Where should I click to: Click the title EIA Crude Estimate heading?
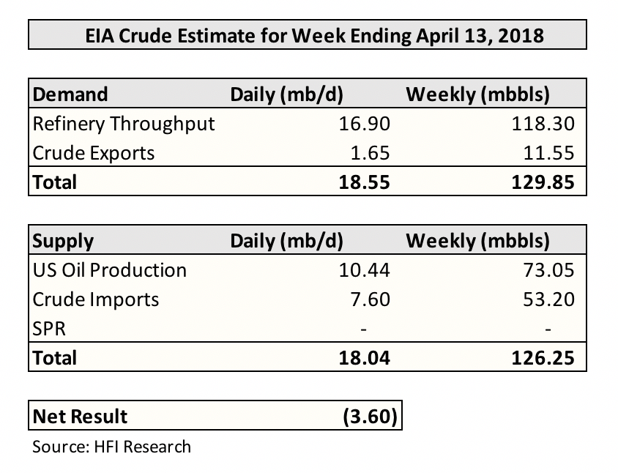coord(308,34)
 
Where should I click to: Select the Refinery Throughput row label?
coord(124,123)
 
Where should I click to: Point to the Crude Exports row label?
coord(94,152)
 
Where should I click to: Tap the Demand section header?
coord(70,94)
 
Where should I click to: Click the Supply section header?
coord(64,241)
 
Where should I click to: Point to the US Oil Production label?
coord(110,269)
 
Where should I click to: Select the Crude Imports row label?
coord(95,299)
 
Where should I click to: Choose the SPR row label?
coord(49,328)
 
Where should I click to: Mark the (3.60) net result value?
coord(370,417)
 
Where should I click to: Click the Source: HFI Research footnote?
coord(111,446)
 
